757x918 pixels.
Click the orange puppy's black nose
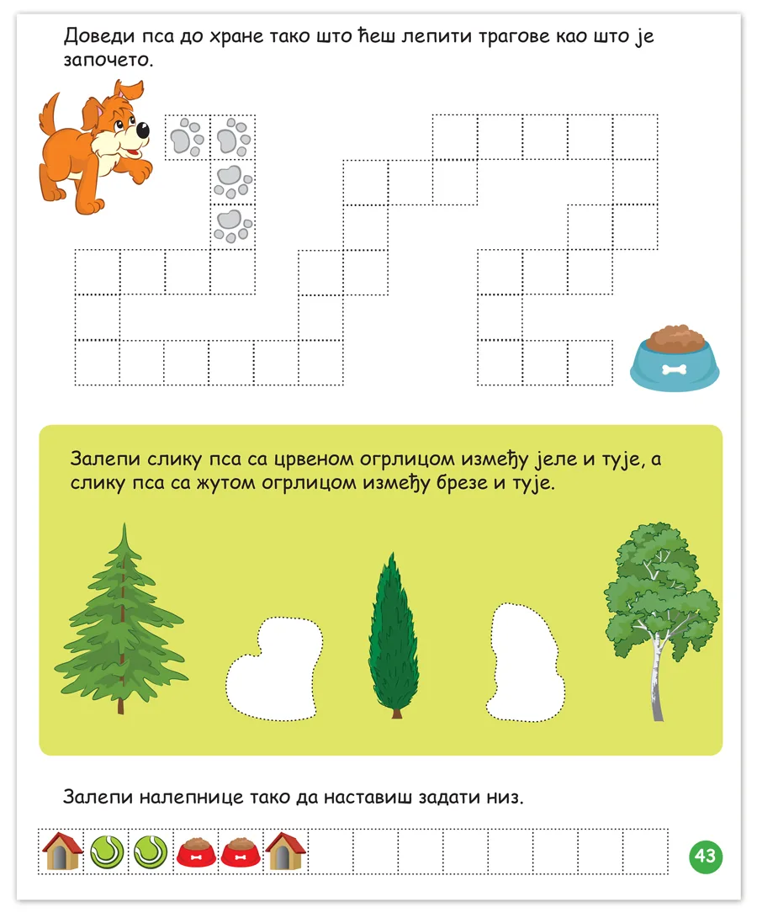click(141, 130)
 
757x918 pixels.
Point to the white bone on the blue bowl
click(674, 369)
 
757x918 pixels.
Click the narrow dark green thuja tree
click(394, 634)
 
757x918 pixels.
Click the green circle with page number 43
click(706, 857)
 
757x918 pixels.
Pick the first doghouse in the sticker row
click(61, 852)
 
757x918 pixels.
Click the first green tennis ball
click(107, 852)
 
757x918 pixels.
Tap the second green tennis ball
click(151, 852)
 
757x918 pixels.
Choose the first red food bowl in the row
click(196, 852)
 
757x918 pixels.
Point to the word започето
click(109, 60)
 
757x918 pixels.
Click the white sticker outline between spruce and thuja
click(274, 668)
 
